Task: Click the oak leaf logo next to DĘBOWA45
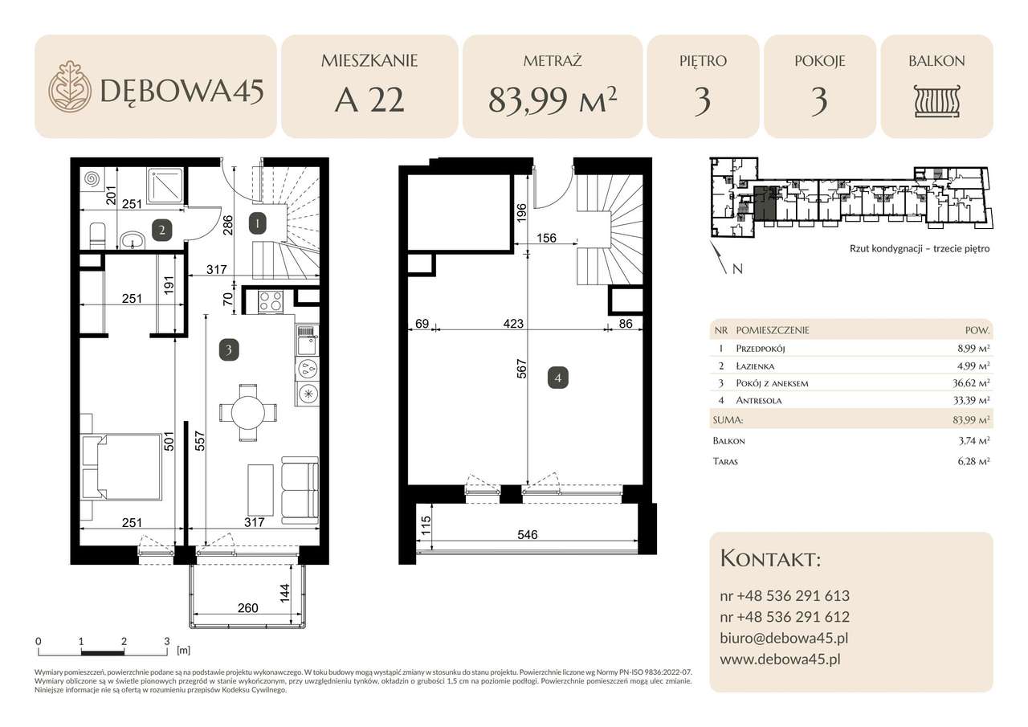70,86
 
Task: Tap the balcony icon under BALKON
936,101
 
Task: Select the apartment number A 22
369,100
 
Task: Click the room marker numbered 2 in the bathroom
161,230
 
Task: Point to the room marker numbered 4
558,378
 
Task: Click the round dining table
248,411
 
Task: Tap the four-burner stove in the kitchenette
271,301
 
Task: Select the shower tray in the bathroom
166,186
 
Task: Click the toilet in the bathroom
97,236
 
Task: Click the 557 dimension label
200,441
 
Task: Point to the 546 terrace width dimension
528,534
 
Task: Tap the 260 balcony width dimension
248,607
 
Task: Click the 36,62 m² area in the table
971,382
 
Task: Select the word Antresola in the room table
759,400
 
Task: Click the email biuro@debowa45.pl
784,638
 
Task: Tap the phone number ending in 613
785,596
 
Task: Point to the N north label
737,269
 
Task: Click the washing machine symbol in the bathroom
92,180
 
